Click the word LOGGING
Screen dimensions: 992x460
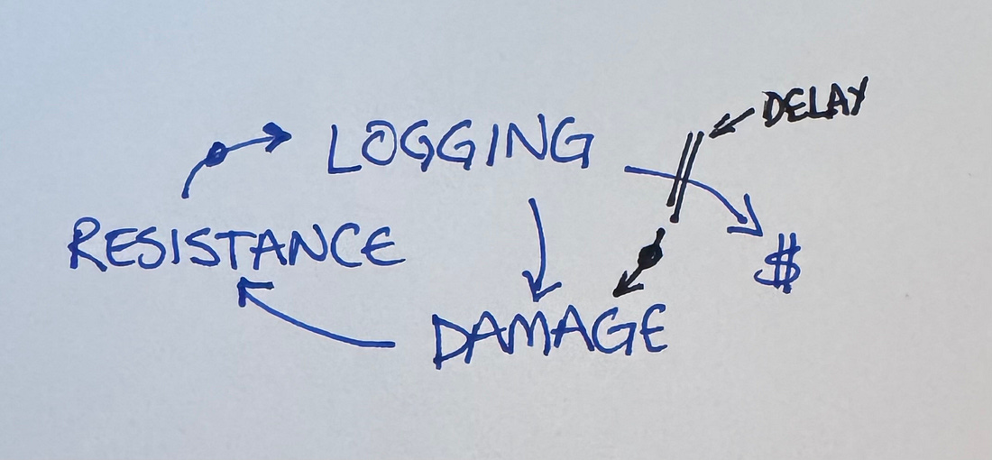coord(460,146)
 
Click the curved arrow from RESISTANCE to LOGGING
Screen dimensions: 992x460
coord(230,153)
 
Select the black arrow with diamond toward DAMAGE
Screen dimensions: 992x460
coord(641,264)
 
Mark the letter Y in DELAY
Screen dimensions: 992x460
coord(854,95)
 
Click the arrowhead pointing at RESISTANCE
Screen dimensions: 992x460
coord(247,290)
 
